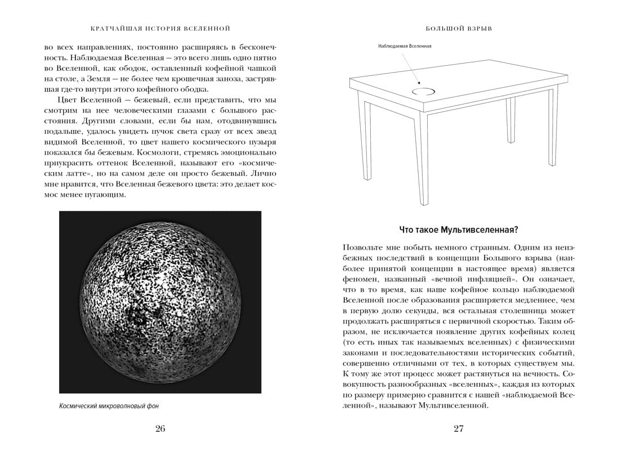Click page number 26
[x=160, y=429]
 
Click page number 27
[x=458, y=429]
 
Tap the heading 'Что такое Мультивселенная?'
[x=458, y=229]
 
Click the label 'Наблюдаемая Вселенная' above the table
[x=405, y=46]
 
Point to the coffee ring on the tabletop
[x=423, y=91]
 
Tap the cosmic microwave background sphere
[x=160, y=301]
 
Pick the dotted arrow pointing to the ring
[x=411, y=70]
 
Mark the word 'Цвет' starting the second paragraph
[x=66, y=99]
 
